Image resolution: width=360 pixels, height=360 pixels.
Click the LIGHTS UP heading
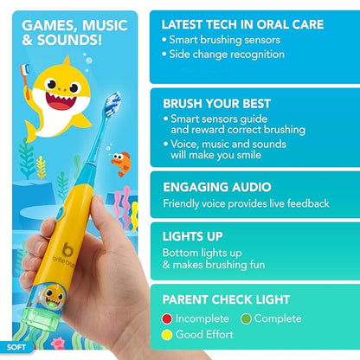[199, 234]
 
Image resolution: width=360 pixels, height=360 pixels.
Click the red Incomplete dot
[170, 318]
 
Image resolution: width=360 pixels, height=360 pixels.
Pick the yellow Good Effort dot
[170, 334]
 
